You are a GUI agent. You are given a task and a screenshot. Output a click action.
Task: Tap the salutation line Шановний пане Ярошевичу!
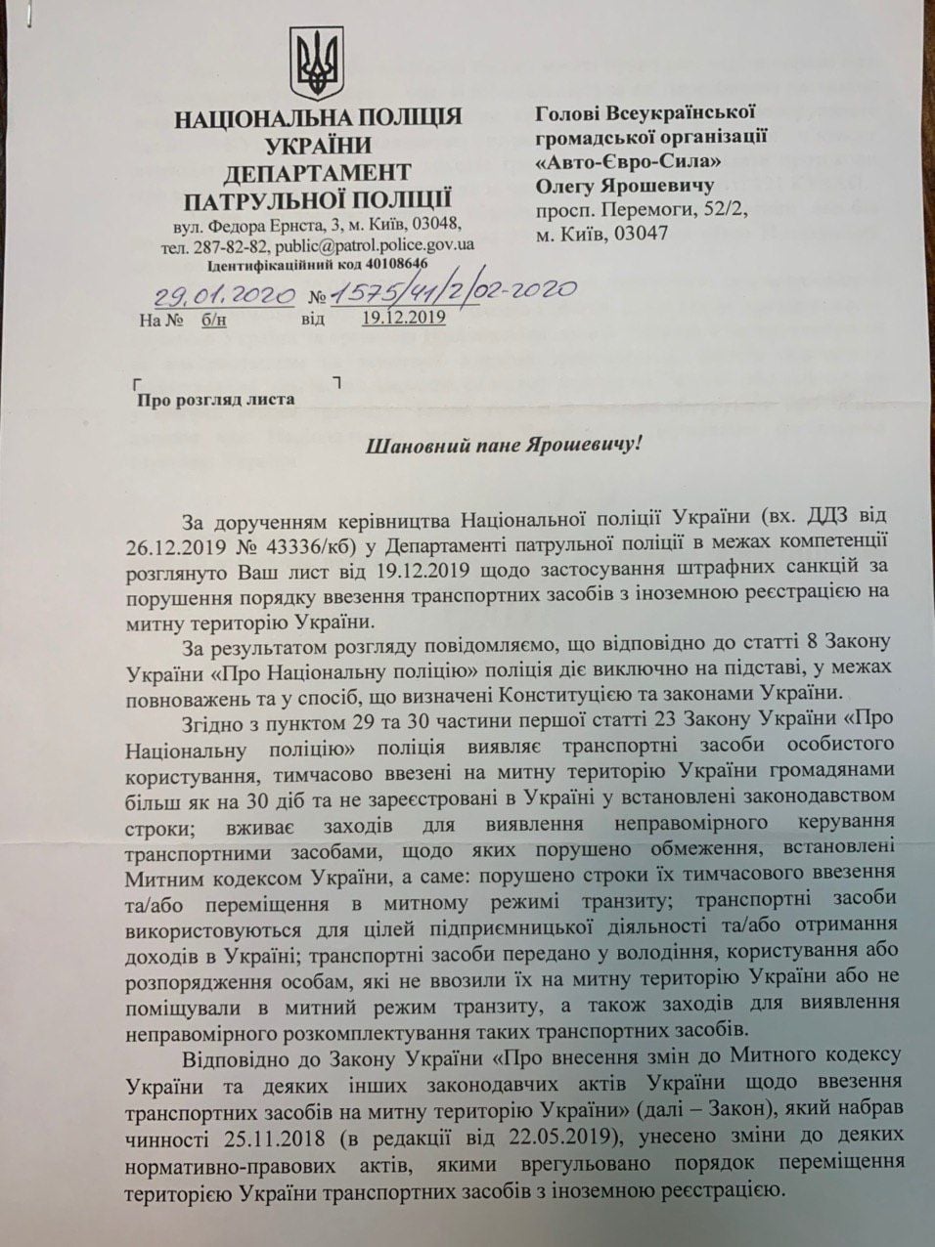tap(504, 447)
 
